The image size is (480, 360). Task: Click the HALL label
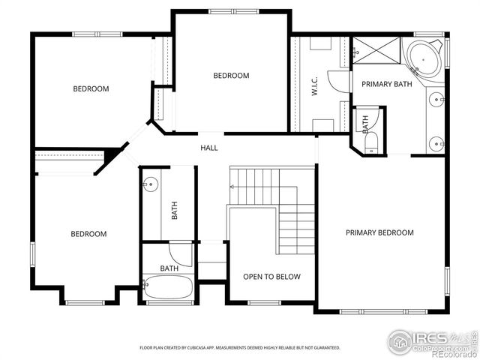click(209, 148)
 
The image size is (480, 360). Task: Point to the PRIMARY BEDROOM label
click(379, 232)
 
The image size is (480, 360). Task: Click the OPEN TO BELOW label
click(271, 277)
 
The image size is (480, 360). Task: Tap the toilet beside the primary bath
click(371, 148)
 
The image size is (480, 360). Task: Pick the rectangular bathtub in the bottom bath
click(168, 289)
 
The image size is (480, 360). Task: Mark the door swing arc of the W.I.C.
click(340, 82)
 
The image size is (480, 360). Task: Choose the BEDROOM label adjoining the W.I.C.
click(231, 76)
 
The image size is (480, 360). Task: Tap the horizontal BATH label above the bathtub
click(169, 268)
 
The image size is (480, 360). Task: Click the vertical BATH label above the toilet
click(366, 124)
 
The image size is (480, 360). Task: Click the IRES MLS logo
click(432, 342)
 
